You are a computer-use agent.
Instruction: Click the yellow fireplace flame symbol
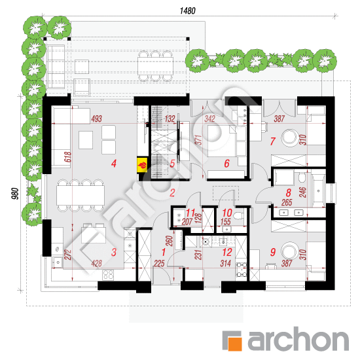click(142, 164)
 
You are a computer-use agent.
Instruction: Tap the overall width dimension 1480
click(188, 10)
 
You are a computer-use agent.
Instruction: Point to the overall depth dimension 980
click(14, 194)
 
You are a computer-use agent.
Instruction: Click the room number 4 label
click(114, 164)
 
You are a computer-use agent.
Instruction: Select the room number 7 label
click(272, 141)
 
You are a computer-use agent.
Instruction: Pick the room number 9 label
click(272, 252)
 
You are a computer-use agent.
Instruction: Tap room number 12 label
click(227, 252)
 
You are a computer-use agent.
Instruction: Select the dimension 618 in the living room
click(68, 157)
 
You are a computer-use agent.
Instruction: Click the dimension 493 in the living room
click(96, 118)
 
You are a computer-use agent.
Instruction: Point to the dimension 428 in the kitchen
click(96, 263)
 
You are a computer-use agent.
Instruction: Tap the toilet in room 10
click(239, 216)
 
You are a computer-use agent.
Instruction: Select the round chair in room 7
click(290, 137)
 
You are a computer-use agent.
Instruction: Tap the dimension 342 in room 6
click(209, 118)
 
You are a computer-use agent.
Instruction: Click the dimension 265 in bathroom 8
click(287, 202)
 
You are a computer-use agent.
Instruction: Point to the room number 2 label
click(172, 193)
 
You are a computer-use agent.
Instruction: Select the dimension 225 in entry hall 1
click(159, 263)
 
